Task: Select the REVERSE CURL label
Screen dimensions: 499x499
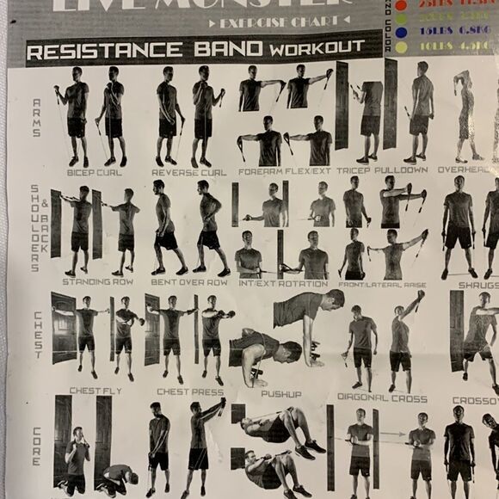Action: pyautogui.click(x=188, y=172)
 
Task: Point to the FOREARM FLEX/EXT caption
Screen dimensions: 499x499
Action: pyautogui.click(x=286, y=171)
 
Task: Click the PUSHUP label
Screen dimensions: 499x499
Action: pyautogui.click(x=280, y=394)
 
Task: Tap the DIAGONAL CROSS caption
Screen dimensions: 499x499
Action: pyautogui.click(x=383, y=397)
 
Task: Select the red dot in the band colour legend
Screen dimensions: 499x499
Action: pyautogui.click(x=400, y=5)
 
